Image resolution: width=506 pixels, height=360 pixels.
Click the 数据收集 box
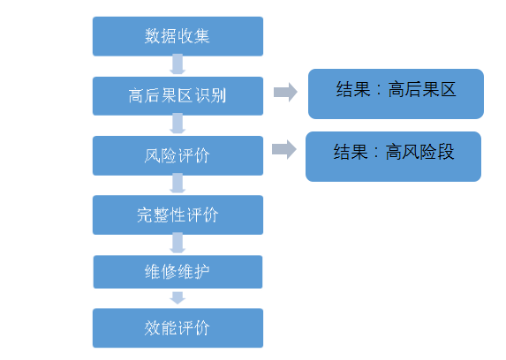177,36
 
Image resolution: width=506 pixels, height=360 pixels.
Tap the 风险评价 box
177,155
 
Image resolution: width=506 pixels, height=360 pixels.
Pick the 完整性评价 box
177,214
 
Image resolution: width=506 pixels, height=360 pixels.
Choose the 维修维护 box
177,272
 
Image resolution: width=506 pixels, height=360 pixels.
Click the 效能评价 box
177,327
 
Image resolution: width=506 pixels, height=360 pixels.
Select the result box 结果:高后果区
396,93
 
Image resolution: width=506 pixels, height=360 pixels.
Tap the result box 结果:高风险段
393,156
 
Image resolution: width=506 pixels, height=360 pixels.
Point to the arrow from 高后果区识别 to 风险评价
177,125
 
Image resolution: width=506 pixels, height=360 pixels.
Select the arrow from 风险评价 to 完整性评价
177,184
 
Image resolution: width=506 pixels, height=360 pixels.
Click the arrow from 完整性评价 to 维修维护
177,244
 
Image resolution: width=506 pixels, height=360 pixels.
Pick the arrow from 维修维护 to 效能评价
177,298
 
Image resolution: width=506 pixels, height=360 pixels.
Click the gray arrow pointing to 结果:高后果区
284,92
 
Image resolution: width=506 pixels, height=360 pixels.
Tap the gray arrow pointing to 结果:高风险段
283,149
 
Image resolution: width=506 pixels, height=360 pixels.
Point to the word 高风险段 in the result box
419,152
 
